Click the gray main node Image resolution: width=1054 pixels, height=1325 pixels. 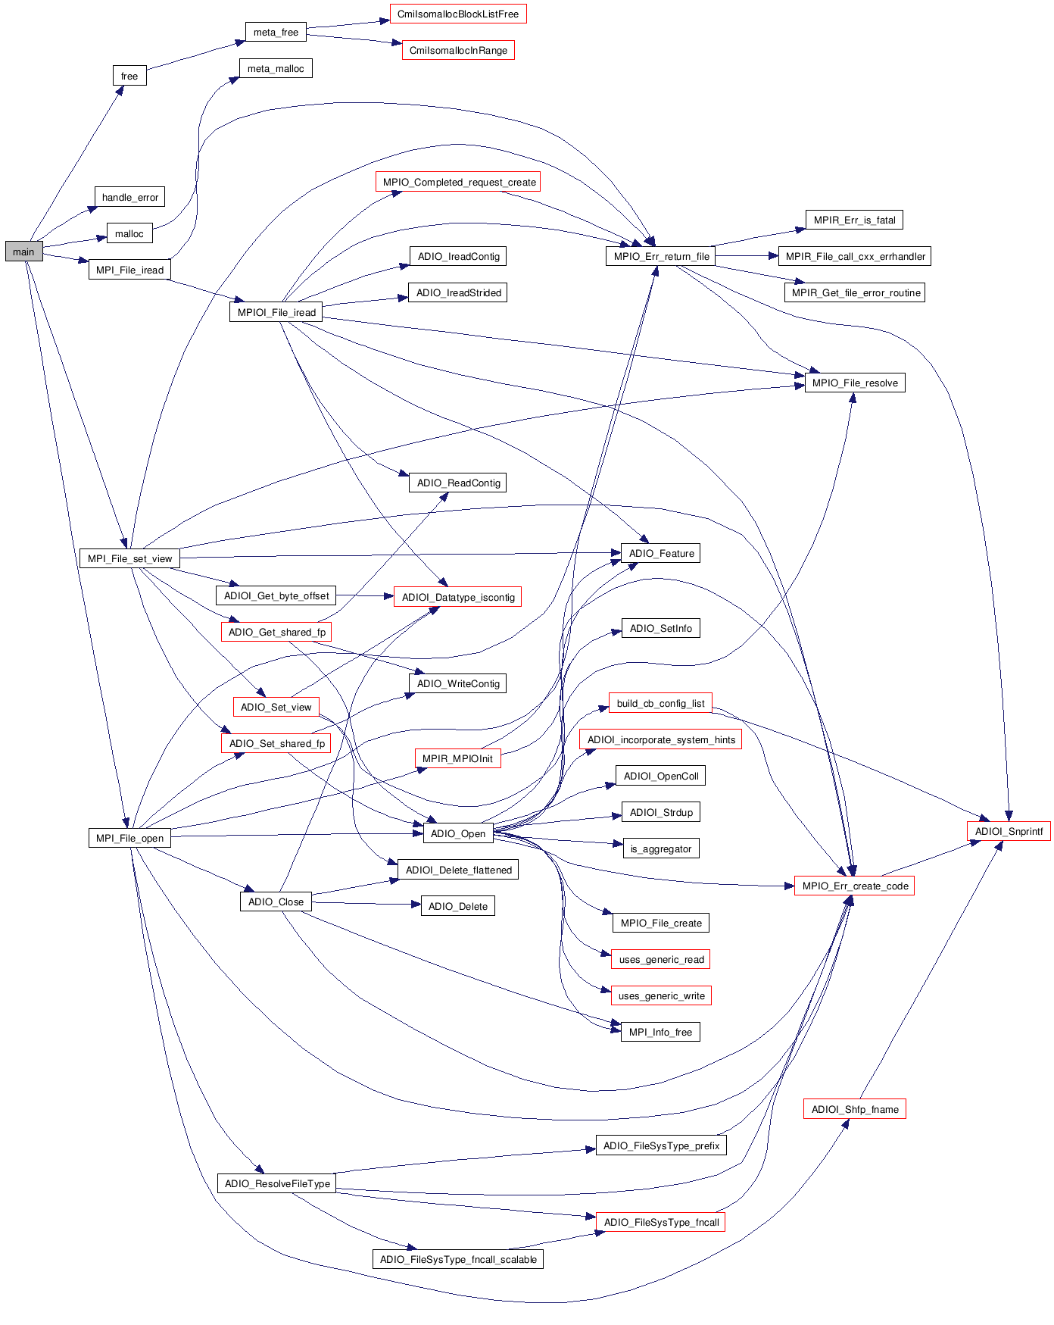pos(23,252)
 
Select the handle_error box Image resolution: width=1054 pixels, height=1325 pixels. pos(129,197)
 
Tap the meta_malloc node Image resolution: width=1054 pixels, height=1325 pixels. pos(276,68)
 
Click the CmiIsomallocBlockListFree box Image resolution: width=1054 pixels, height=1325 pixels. pos(457,14)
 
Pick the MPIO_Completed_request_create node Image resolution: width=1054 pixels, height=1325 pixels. pos(459,182)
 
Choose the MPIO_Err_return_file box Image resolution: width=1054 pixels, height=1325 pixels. pos(661,256)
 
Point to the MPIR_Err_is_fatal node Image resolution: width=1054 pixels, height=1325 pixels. pos(854,220)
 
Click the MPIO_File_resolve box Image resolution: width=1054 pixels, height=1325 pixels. pos(855,383)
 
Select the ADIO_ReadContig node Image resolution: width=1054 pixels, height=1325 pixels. pos(458,483)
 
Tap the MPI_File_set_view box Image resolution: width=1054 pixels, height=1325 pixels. pos(129,558)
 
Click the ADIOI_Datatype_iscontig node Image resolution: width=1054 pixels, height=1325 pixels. pos(457,597)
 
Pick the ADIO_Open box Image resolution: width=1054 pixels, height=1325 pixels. pos(457,833)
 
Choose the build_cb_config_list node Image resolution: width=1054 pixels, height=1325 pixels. pos(660,703)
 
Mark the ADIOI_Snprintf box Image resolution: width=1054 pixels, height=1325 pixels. pos(1009,831)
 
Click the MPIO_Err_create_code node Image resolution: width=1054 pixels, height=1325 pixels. pos(855,886)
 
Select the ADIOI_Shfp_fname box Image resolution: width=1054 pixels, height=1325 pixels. pos(855,1109)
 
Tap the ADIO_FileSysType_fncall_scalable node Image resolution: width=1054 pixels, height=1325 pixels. pos(458,1259)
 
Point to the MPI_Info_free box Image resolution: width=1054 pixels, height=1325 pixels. pos(660,1032)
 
